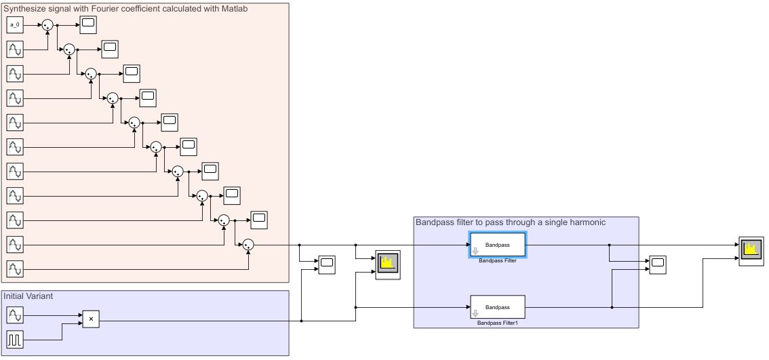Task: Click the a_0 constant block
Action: coord(15,25)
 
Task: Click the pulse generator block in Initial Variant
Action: coord(15,339)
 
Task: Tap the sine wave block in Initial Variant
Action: coord(15,315)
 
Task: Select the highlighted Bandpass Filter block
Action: coord(498,245)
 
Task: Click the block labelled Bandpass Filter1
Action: coord(498,307)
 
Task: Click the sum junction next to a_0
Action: coord(47,25)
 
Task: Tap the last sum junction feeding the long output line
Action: coord(248,245)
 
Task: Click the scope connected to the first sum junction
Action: coord(88,25)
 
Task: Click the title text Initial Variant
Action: coord(28,296)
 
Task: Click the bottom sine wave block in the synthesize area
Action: coord(15,269)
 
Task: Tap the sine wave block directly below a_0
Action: coord(15,49)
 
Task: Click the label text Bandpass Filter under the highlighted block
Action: coord(498,261)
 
